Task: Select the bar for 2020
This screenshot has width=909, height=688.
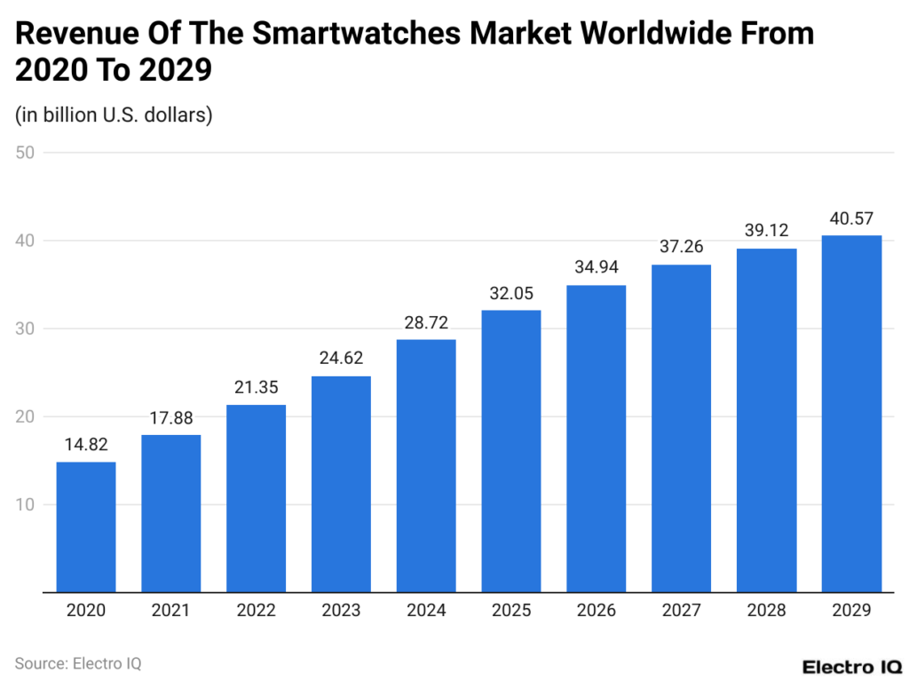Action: tap(85, 526)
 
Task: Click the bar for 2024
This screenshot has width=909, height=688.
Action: tap(426, 465)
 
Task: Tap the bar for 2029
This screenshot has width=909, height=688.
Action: tap(851, 413)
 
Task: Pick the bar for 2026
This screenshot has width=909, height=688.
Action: tap(597, 438)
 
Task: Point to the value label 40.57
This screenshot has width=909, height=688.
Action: tap(851, 217)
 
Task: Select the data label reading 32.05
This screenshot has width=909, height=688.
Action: tap(511, 293)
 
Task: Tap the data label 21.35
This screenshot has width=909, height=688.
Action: tap(256, 387)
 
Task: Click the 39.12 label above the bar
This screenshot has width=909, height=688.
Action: tap(766, 231)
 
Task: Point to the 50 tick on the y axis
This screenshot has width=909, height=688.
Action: tap(25, 153)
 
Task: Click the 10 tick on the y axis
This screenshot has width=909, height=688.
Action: tap(25, 504)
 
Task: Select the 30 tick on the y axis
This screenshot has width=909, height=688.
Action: tap(25, 328)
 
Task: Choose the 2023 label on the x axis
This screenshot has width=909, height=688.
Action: tap(341, 611)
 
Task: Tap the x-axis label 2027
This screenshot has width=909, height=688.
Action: tap(681, 611)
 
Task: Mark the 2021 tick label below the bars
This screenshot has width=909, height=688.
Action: tap(170, 611)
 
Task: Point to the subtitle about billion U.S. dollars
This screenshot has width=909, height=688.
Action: tap(114, 115)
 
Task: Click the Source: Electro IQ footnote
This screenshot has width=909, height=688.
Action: tap(78, 663)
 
